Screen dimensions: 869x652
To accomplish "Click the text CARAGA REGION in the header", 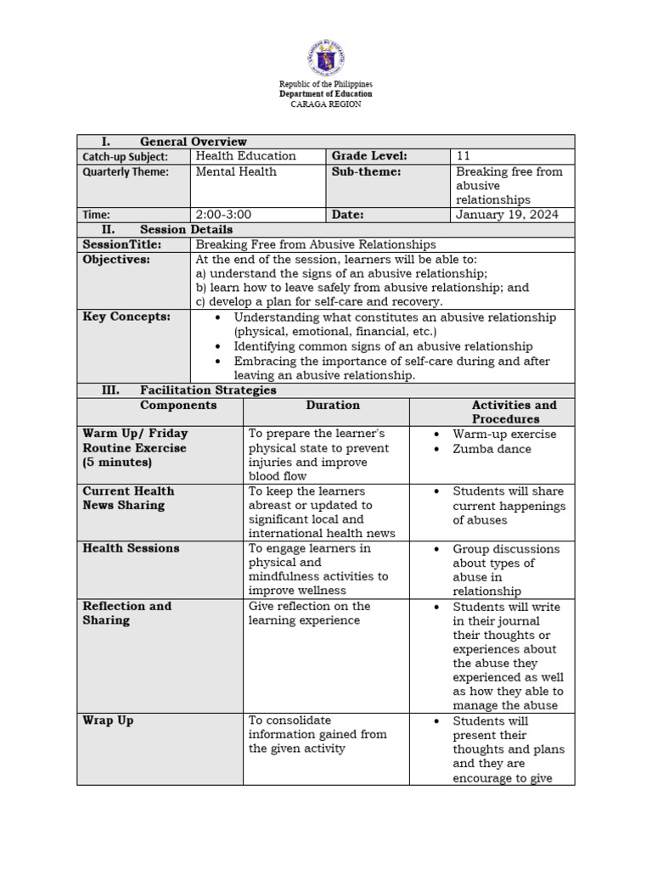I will [326, 104].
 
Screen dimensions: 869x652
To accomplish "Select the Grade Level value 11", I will [463, 156].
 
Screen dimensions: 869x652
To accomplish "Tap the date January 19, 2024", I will [507, 215].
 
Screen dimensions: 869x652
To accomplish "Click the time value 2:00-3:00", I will [223, 215].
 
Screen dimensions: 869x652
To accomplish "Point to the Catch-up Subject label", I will [125, 157].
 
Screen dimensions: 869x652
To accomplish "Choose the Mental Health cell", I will [236, 171].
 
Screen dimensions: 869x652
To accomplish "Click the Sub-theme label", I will [366, 171].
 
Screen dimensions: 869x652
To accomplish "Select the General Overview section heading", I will [193, 142].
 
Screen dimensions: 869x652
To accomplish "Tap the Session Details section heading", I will [186, 229].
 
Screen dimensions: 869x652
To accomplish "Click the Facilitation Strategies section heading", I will [208, 390].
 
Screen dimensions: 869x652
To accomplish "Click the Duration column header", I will [333, 406].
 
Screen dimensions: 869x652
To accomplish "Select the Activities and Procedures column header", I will [514, 412].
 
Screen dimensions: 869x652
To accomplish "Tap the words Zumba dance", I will [492, 449].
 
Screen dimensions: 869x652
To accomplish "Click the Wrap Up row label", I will [108, 720].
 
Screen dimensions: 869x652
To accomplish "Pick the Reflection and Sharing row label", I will [126, 613].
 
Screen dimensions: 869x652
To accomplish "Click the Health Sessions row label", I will [131, 548].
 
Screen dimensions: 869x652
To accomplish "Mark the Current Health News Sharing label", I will [128, 498].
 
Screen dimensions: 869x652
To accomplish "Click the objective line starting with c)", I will [319, 301].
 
